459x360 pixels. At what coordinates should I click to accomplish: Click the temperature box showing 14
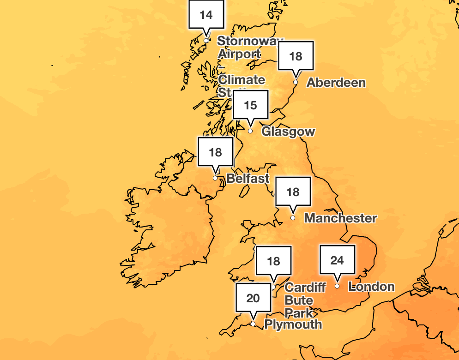206,15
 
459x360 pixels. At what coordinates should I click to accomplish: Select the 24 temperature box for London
337,261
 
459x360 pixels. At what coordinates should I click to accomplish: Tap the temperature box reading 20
253,298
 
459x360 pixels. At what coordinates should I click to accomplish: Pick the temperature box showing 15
250,106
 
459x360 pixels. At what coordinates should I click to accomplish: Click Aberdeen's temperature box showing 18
296,56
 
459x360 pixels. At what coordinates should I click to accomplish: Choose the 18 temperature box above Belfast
215,152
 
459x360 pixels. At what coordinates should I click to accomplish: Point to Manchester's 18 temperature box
293,192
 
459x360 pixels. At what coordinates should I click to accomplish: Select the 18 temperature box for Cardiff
273,262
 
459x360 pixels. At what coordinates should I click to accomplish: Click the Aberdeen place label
336,83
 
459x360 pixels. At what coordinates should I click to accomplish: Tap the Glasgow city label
288,132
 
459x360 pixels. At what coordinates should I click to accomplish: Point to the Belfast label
248,179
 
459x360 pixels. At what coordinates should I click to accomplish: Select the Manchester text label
340,218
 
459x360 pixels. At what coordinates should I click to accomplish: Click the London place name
372,287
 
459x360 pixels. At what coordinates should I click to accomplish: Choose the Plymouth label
293,324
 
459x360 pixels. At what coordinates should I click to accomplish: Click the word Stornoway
248,41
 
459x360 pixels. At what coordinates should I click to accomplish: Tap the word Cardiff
305,287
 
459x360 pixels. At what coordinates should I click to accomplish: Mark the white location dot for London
337,286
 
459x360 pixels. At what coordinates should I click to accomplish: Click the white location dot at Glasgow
250,131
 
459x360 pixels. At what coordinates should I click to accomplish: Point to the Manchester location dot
293,217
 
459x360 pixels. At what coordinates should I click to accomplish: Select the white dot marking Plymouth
253,324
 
